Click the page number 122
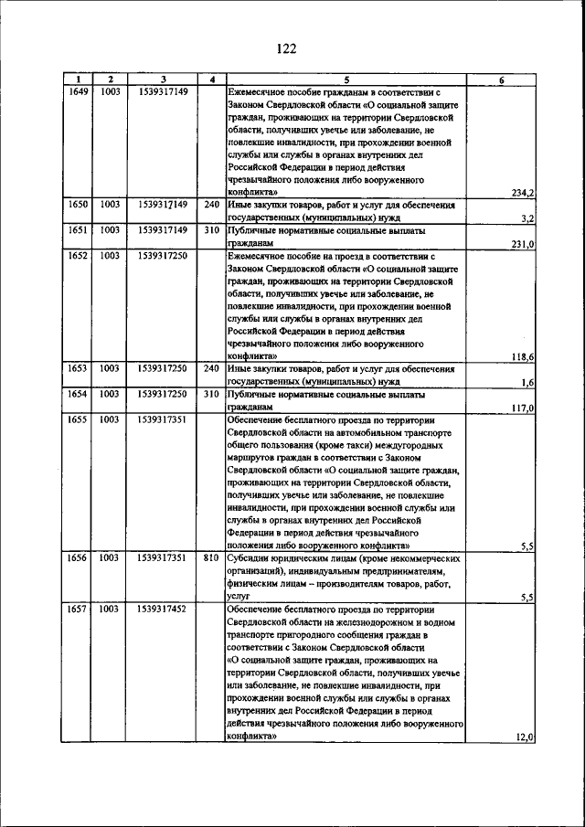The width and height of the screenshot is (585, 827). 284,48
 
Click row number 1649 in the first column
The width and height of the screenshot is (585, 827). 79,92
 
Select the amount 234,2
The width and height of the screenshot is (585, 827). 523,194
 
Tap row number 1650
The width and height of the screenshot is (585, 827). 79,206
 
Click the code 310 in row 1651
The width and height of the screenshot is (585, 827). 212,231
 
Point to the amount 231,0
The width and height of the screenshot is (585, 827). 523,245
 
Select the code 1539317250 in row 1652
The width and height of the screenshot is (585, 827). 163,257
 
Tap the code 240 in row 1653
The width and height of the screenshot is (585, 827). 212,369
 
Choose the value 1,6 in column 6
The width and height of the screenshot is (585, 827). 527,382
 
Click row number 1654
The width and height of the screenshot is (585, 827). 79,395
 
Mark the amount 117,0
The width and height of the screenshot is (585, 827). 523,408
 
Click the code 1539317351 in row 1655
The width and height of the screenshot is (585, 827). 163,419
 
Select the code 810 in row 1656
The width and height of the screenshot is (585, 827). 212,557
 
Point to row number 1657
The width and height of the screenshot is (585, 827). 79,608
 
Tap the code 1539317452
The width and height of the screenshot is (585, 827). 163,608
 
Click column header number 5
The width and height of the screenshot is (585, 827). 347,80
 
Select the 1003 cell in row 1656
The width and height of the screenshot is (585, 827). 110,557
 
